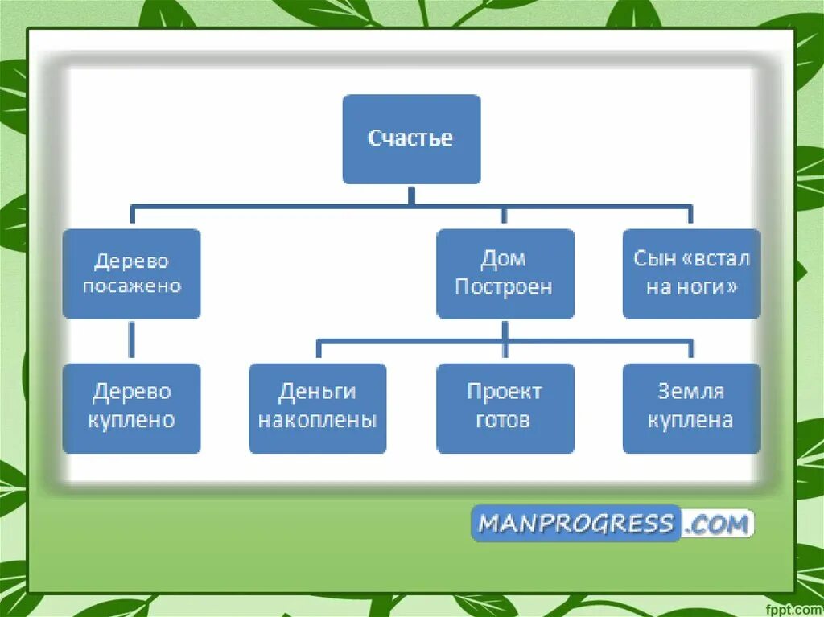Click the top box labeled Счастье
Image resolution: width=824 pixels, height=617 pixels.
coord(411,139)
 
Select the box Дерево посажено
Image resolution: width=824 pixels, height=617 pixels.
coord(131,274)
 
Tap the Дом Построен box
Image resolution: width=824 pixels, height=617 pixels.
coord(505,274)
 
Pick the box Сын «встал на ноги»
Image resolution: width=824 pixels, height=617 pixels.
coord(691,274)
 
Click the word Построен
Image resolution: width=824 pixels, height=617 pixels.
coord(504,287)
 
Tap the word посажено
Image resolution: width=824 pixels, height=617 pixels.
coord(132,286)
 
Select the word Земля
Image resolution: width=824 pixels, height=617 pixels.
coord(690,393)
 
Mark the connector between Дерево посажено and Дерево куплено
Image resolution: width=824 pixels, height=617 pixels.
coord(131,340)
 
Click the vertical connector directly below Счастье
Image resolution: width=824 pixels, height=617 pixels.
coord(411,195)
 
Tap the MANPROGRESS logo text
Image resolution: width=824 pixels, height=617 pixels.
coord(575,524)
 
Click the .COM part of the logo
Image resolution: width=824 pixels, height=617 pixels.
coord(718,524)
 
